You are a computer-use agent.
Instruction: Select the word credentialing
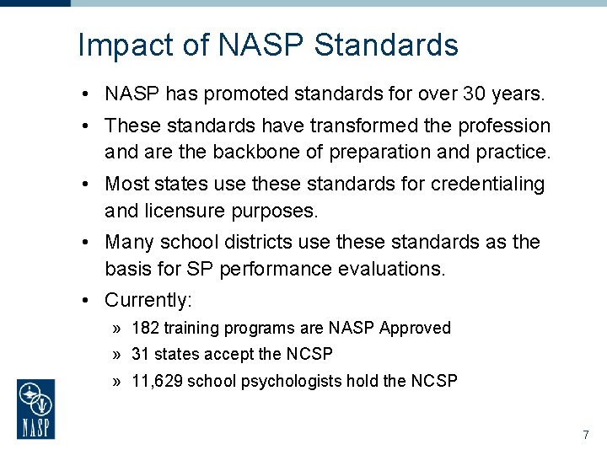(487, 184)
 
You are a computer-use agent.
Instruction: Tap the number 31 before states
(141, 354)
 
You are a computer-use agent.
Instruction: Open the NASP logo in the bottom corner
(36, 409)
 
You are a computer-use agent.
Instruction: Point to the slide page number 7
(585, 436)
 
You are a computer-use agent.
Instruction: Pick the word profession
(504, 126)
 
